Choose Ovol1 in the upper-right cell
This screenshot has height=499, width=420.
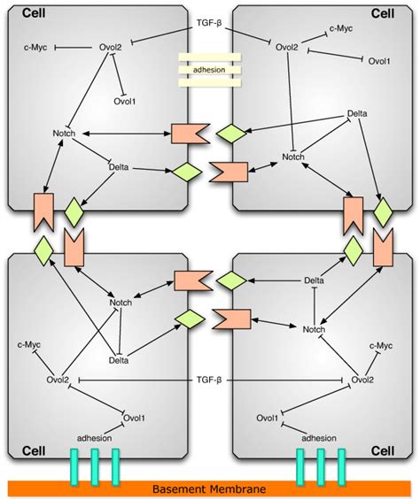pos(378,61)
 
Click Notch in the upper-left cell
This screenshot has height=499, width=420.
pos(65,134)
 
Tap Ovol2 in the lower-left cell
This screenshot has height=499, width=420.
pos(60,380)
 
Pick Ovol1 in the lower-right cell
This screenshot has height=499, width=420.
pos(268,418)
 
